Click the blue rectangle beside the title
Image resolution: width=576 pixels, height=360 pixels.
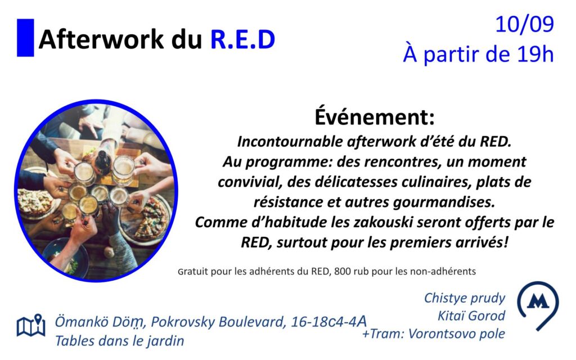click(25, 38)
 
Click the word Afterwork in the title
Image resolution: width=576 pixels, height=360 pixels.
click(101, 39)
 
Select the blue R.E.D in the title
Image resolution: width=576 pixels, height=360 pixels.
click(242, 39)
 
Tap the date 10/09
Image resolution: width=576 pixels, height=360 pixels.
click(525, 25)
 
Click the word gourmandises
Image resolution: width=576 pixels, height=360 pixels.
click(444, 202)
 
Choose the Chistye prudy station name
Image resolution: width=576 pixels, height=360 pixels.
click(465, 298)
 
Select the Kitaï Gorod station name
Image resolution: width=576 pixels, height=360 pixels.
click(471, 316)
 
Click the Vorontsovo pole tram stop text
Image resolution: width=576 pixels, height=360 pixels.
click(457, 334)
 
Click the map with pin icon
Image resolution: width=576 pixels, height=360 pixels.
click(31, 325)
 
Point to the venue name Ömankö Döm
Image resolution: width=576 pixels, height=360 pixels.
click(98, 322)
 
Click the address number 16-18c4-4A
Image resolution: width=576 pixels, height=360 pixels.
click(328, 321)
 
